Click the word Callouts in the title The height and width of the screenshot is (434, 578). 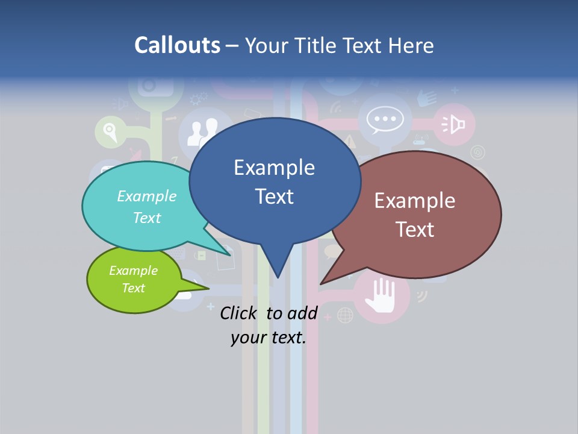pyautogui.click(x=177, y=45)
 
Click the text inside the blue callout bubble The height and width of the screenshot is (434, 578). pyautogui.click(x=274, y=182)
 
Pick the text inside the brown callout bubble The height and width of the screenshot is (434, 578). pyautogui.click(x=415, y=215)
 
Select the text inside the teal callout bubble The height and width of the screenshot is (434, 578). pyautogui.click(x=147, y=207)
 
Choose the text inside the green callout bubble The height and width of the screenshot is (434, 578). pyautogui.click(x=133, y=279)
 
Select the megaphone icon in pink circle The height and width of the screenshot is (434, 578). pyautogui.click(x=454, y=124)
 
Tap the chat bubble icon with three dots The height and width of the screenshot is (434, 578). pyautogui.click(x=385, y=119)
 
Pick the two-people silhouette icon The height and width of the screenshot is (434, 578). pyautogui.click(x=201, y=132)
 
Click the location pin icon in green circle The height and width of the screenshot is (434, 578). pyautogui.click(x=110, y=130)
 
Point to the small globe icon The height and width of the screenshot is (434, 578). pyautogui.click(x=345, y=315)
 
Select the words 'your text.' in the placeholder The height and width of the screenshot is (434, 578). pyautogui.click(x=268, y=338)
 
